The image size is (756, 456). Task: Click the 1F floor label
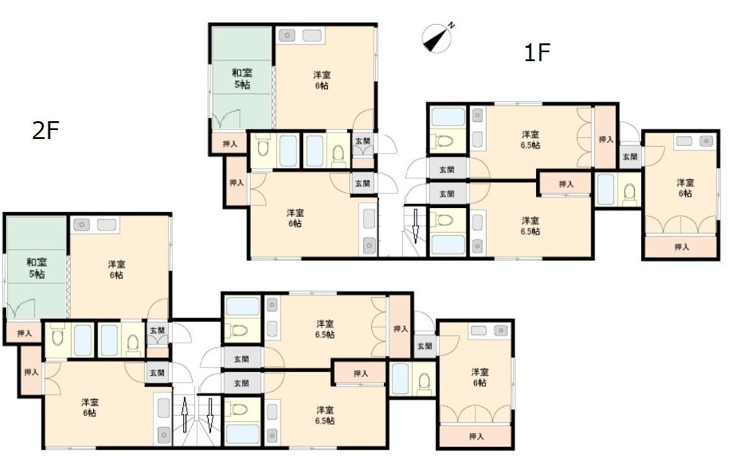coord(538,52)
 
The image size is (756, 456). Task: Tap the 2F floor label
coord(46,130)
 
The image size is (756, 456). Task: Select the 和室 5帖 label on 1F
coord(242,79)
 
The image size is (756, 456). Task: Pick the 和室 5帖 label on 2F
coord(36,268)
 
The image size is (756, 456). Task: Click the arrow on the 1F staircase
coord(415,226)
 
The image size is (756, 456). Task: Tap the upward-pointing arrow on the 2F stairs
coord(184,414)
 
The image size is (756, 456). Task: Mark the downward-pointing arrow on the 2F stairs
coord(210,414)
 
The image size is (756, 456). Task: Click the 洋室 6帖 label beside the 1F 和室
coord(322,80)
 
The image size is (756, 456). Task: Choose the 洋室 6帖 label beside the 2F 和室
coord(116,269)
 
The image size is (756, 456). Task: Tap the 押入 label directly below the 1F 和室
coord(230,144)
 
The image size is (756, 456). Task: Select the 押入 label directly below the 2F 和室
coord(24,333)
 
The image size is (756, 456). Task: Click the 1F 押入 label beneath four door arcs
coord(682,247)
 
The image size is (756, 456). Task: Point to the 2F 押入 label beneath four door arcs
coord(476,437)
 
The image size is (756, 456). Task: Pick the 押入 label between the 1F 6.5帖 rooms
coord(566,184)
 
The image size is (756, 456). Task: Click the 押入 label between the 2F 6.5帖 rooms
coord(361,374)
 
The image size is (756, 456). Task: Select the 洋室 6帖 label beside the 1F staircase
coord(295,218)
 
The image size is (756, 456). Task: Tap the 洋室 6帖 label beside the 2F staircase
coord(90,408)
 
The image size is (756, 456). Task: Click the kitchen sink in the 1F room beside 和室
coord(287,36)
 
